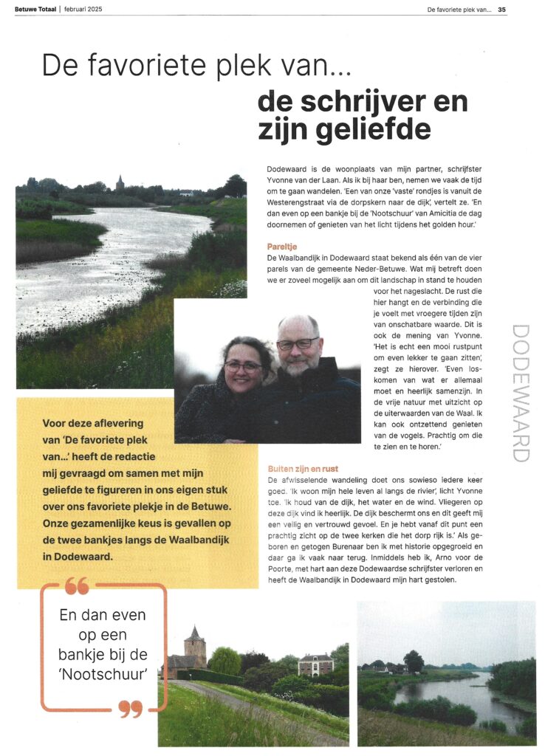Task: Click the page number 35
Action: pyautogui.click(x=502, y=10)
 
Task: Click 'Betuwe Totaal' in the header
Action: pyautogui.click(x=35, y=10)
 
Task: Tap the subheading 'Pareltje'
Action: pyautogui.click(x=283, y=245)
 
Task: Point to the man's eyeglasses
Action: pyautogui.click(x=298, y=343)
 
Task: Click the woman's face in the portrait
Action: pyautogui.click(x=244, y=367)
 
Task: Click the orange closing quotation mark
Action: pyautogui.click(x=130, y=709)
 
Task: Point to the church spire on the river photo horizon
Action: pyautogui.click(x=120, y=182)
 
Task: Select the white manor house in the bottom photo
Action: pyautogui.click(x=315, y=664)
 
